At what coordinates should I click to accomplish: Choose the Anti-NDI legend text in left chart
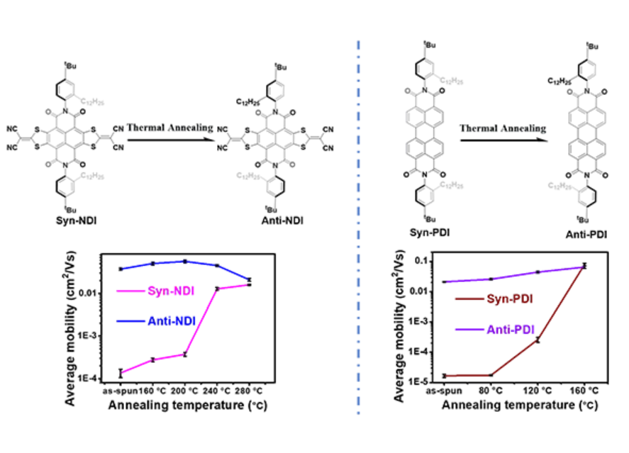click(173, 320)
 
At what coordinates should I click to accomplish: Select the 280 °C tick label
click(249, 391)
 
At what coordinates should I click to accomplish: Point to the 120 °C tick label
click(538, 391)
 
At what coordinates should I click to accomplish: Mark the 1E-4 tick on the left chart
click(102, 379)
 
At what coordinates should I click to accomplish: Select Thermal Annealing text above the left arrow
click(169, 128)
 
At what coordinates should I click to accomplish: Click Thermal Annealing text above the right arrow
click(503, 128)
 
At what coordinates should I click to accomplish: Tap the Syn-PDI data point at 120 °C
click(538, 340)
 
